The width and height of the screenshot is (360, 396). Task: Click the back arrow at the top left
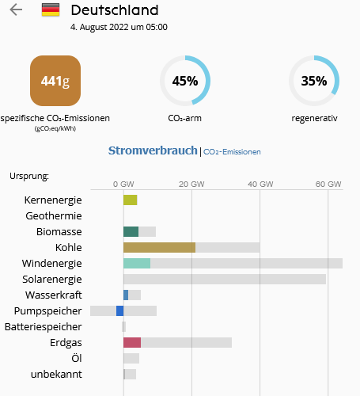coord(16,10)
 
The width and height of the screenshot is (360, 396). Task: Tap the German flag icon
coord(51,10)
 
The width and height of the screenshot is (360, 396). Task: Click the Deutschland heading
coord(114,10)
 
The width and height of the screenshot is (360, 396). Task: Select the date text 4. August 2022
coord(119,27)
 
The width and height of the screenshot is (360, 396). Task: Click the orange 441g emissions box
coord(55,81)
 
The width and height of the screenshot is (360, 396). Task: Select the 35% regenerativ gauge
coord(313,81)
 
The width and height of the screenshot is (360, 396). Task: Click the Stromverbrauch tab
coord(152,150)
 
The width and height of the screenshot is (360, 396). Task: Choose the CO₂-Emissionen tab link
coord(232,151)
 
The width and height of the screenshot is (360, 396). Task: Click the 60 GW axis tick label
coord(328,183)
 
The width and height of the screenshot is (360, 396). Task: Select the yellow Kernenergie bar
coord(130,200)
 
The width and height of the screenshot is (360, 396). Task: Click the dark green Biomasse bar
coord(131,232)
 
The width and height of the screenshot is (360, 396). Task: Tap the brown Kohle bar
coord(159,248)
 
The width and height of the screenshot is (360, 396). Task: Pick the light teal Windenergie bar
coord(137,264)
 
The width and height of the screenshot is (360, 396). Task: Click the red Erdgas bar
coord(132,343)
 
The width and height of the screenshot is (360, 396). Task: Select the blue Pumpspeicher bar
coord(119,311)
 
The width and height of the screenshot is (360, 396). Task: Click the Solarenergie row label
coord(52,280)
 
